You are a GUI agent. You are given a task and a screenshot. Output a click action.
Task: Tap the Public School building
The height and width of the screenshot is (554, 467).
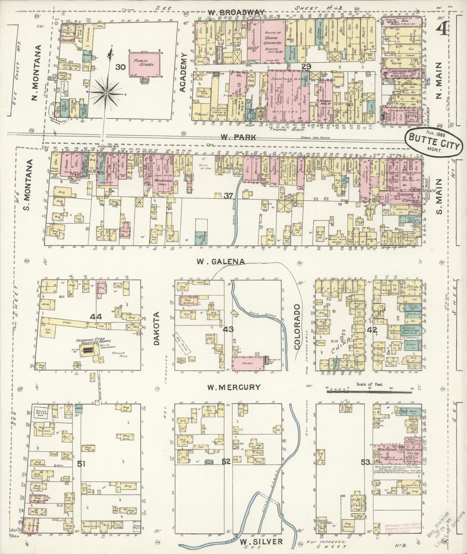[x=146, y=64]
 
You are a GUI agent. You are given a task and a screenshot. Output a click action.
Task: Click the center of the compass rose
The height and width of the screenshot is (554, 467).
[x=106, y=93]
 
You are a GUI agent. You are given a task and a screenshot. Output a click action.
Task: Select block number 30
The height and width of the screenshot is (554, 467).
[x=121, y=67]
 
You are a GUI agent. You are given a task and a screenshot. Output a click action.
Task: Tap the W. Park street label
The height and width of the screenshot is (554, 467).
[x=239, y=137]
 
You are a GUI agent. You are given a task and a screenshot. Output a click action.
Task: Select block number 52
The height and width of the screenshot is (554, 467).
[x=226, y=462]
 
